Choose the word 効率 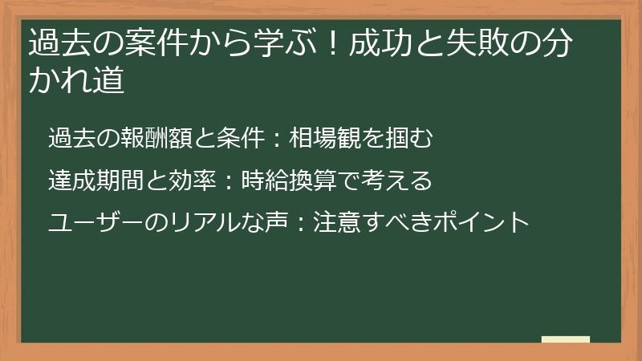tap(191, 180)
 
